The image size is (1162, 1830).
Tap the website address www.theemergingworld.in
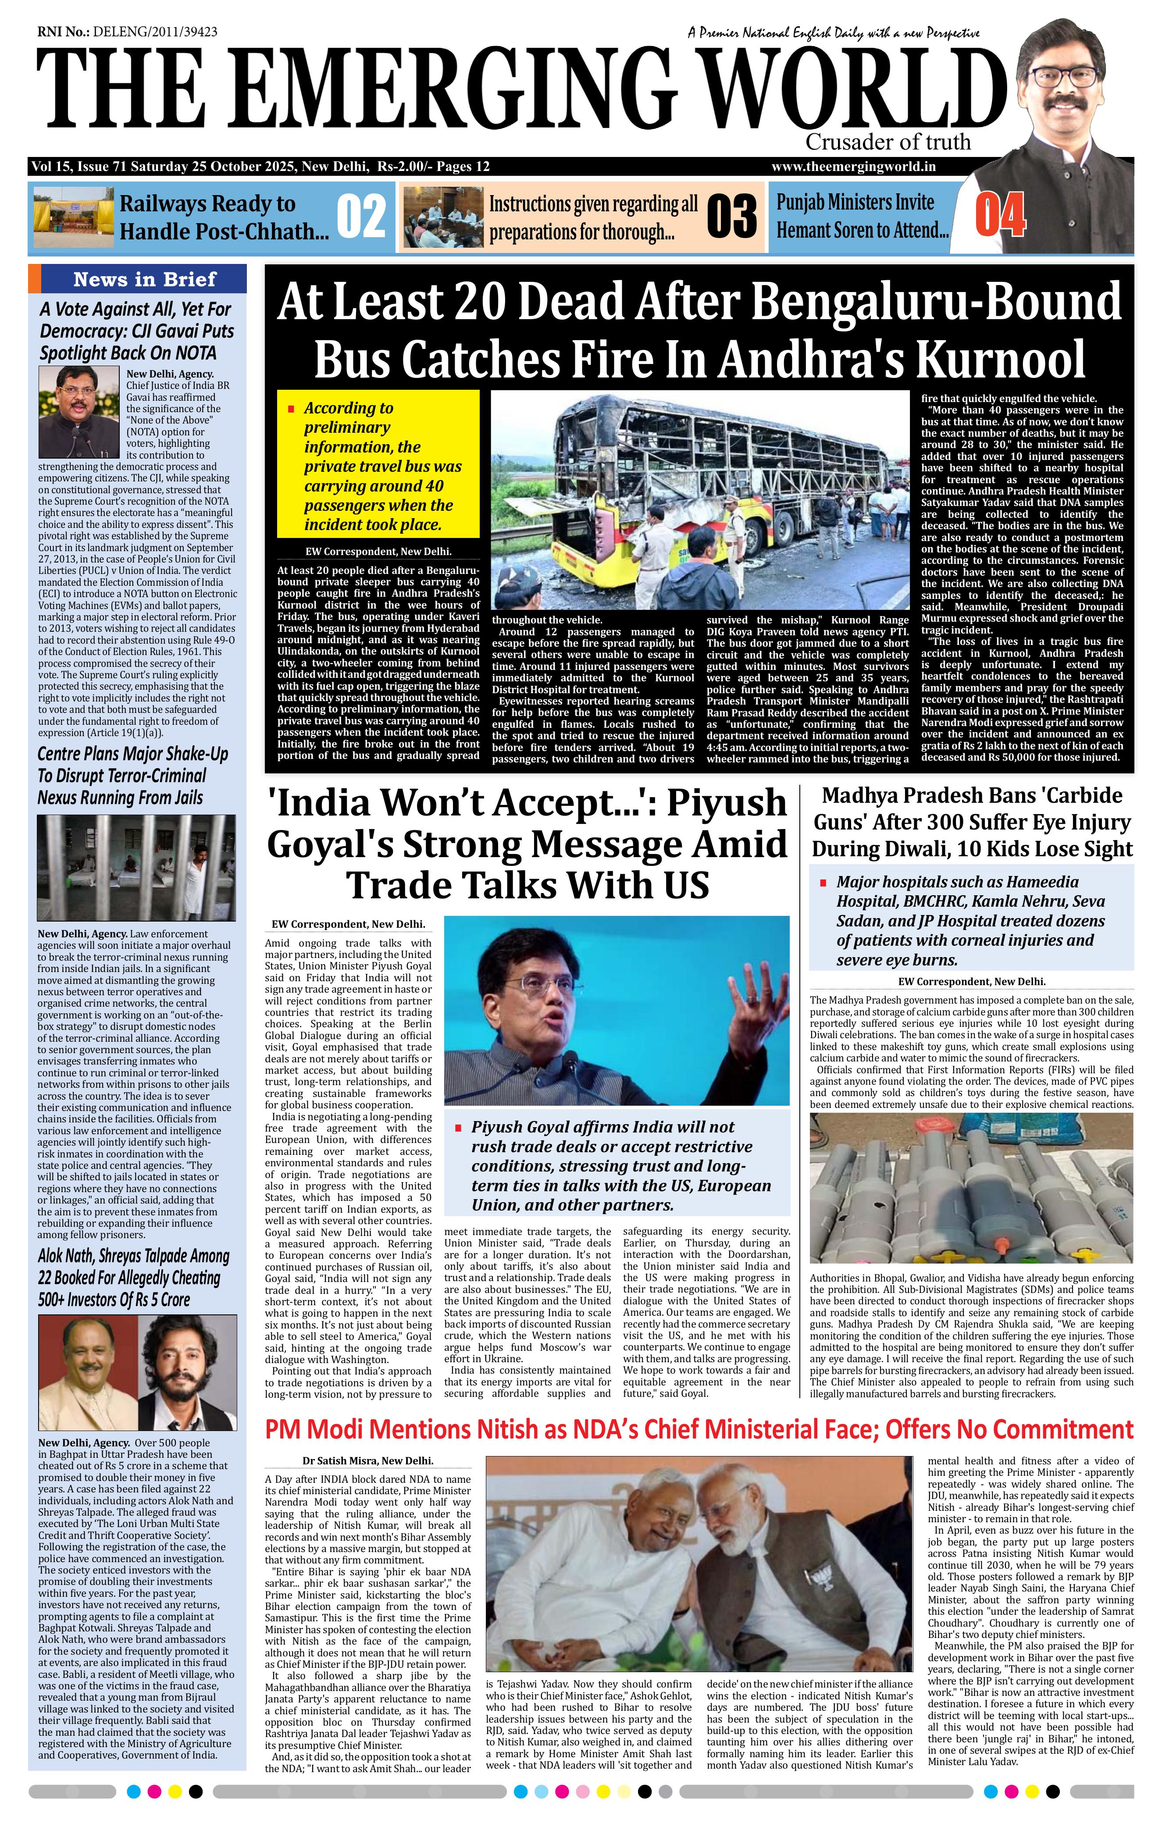click(x=853, y=167)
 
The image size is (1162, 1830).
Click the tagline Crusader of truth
click(x=888, y=142)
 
